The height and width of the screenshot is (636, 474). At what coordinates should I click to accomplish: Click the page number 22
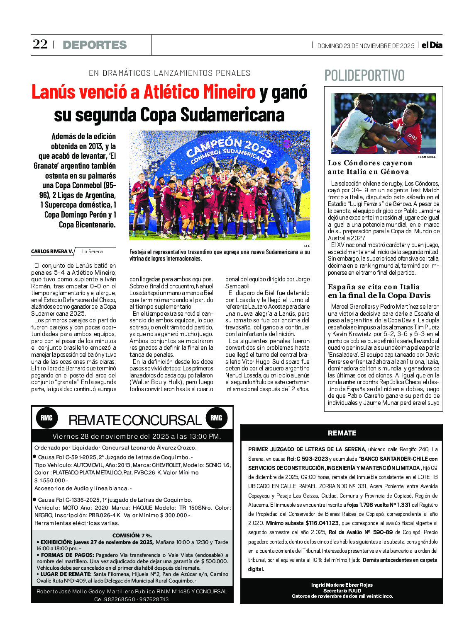point(40,44)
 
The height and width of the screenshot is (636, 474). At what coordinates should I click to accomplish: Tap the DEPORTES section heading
point(95,45)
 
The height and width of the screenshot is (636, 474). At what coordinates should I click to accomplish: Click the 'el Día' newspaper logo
point(432,45)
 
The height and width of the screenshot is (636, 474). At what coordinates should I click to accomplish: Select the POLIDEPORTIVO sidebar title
point(364,75)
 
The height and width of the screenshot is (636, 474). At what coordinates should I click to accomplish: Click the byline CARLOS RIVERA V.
point(52,251)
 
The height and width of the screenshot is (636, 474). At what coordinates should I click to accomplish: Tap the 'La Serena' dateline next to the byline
point(92,251)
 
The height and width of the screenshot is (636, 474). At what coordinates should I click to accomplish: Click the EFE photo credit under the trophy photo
point(307,246)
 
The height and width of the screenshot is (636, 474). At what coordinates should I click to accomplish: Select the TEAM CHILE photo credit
point(426,157)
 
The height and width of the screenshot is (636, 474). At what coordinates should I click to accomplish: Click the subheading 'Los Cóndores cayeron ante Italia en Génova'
point(369,167)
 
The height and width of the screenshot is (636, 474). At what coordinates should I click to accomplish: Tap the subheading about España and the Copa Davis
point(379,291)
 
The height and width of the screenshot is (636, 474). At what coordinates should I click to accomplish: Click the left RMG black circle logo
point(46,418)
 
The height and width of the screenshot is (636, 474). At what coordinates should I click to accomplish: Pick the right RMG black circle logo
point(216,418)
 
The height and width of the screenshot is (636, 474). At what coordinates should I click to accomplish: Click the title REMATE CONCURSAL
point(135,420)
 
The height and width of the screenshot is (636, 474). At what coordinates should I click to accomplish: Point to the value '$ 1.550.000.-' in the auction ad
point(51,481)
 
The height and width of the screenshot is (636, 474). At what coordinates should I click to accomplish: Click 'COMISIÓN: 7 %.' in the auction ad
point(132,535)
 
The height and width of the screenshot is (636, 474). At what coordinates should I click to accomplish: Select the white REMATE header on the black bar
point(342,433)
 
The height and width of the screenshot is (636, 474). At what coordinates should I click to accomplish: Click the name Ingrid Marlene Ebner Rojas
point(342,585)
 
